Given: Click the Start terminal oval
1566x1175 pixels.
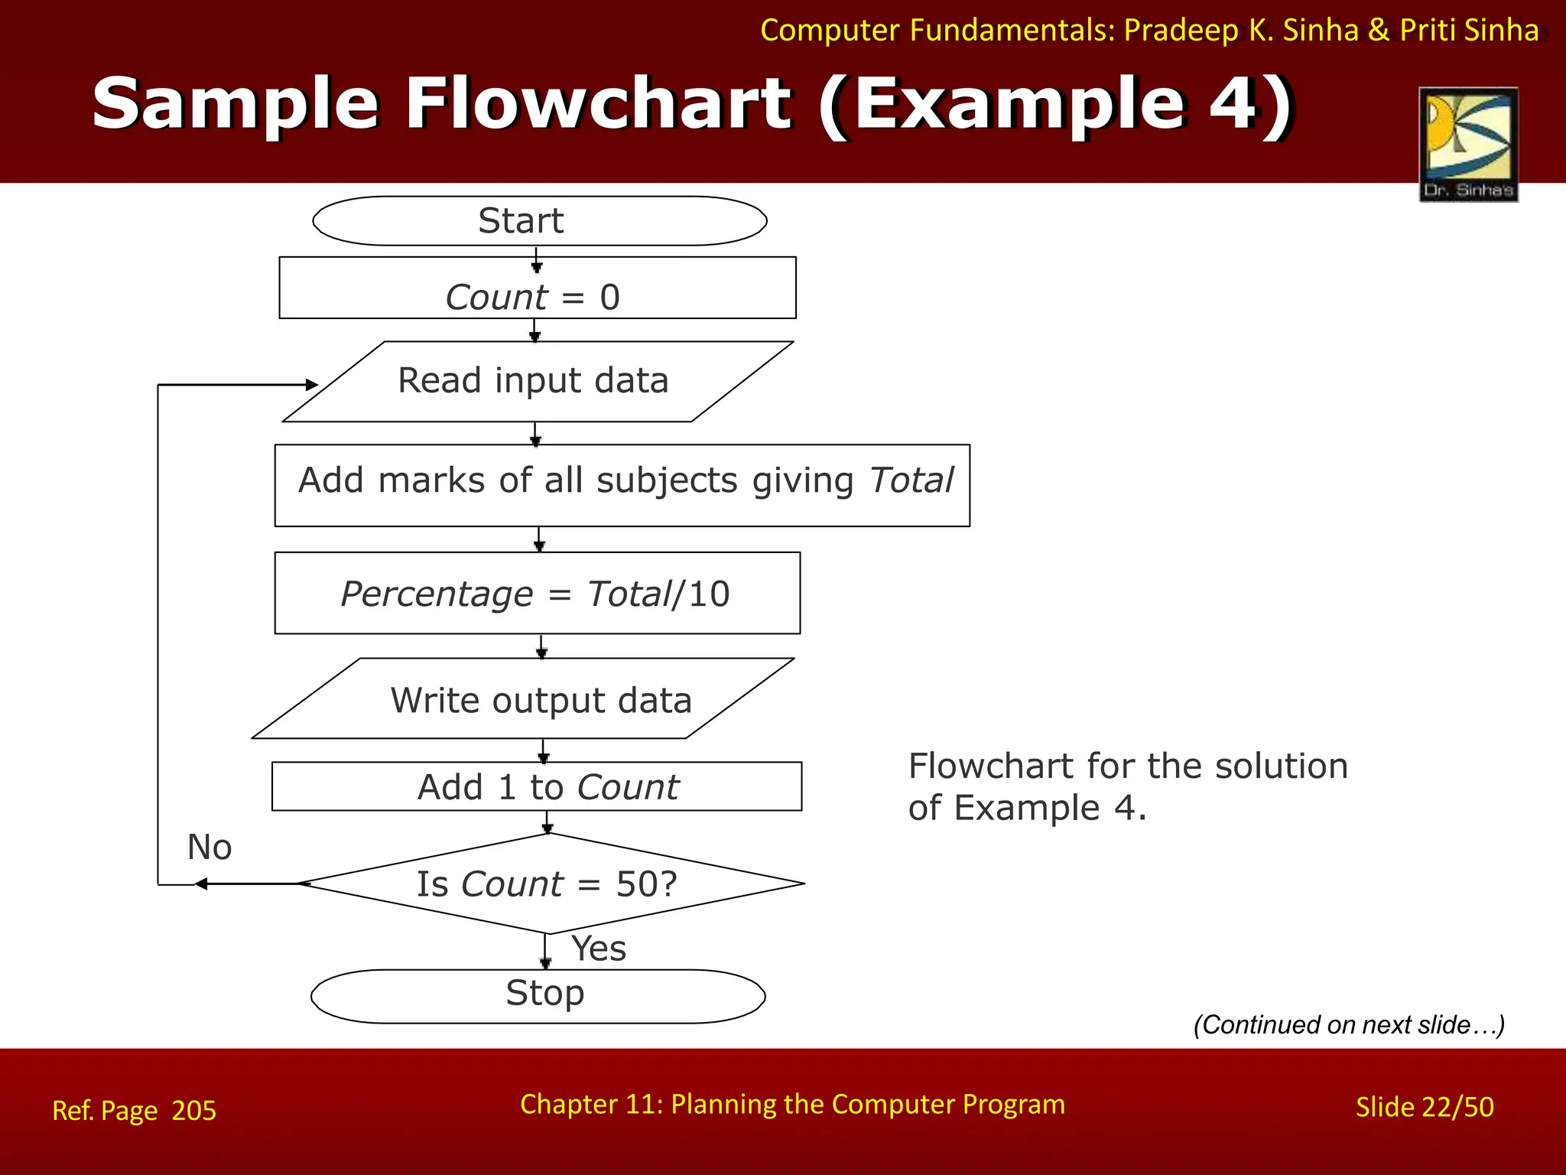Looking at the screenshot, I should click(x=539, y=221).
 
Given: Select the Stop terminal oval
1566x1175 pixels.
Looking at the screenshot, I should click(x=538, y=996).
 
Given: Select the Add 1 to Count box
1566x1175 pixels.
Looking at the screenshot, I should click(x=537, y=786).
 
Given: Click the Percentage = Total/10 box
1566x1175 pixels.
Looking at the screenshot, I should click(x=537, y=594).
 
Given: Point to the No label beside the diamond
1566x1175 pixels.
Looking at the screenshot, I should click(x=210, y=848).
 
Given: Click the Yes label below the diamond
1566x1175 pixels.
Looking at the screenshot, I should click(x=599, y=949).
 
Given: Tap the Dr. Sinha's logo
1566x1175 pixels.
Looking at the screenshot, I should click(x=1468, y=144).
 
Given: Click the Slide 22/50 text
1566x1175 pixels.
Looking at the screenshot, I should click(x=1424, y=1108).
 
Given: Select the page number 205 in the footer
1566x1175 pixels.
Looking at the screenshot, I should click(x=193, y=1111).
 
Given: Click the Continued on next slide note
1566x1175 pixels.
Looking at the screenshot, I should click(x=1349, y=1024).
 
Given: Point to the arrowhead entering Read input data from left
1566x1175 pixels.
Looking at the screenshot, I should click(x=311, y=385).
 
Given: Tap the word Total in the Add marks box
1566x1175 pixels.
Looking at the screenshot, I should click(x=911, y=480).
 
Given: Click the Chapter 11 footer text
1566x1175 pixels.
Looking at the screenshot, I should click(x=792, y=1105).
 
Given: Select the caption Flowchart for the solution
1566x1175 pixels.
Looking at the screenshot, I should click(x=1128, y=767).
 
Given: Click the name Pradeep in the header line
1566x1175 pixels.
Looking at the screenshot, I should click(x=1181, y=30).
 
